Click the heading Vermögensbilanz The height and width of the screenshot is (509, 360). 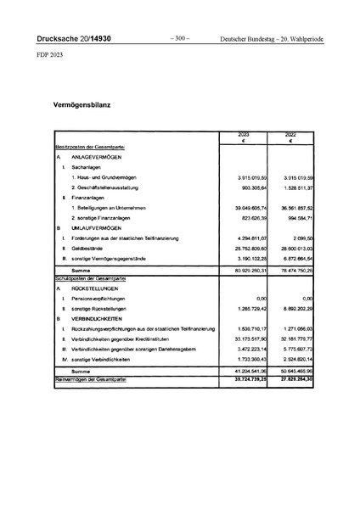84,106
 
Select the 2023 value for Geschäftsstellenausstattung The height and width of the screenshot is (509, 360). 250,187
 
